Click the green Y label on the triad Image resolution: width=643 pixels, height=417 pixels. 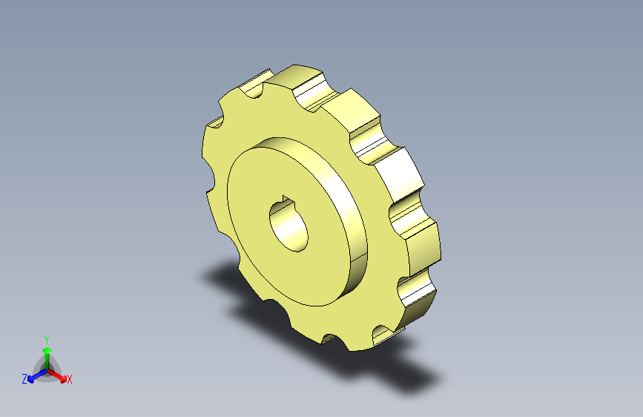47,340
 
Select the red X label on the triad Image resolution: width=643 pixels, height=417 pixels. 69,379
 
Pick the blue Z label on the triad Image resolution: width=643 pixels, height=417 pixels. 24,379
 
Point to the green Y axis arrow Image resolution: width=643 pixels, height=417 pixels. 47,359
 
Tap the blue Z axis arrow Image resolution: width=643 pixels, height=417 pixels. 38,376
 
